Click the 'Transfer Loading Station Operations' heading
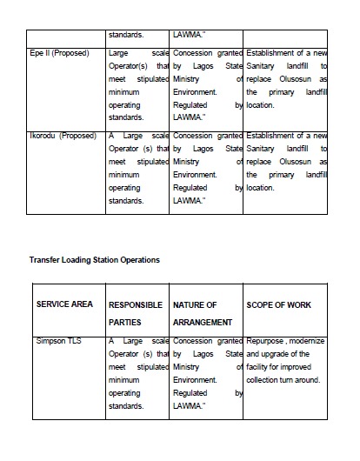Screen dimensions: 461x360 94,259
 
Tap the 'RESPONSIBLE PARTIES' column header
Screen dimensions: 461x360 136,313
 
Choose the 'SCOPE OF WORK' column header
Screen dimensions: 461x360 279,304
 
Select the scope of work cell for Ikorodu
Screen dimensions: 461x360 286,162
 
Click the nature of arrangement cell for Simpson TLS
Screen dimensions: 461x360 207,373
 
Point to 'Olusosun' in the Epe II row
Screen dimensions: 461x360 291,78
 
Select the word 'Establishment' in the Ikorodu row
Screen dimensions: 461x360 275,136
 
